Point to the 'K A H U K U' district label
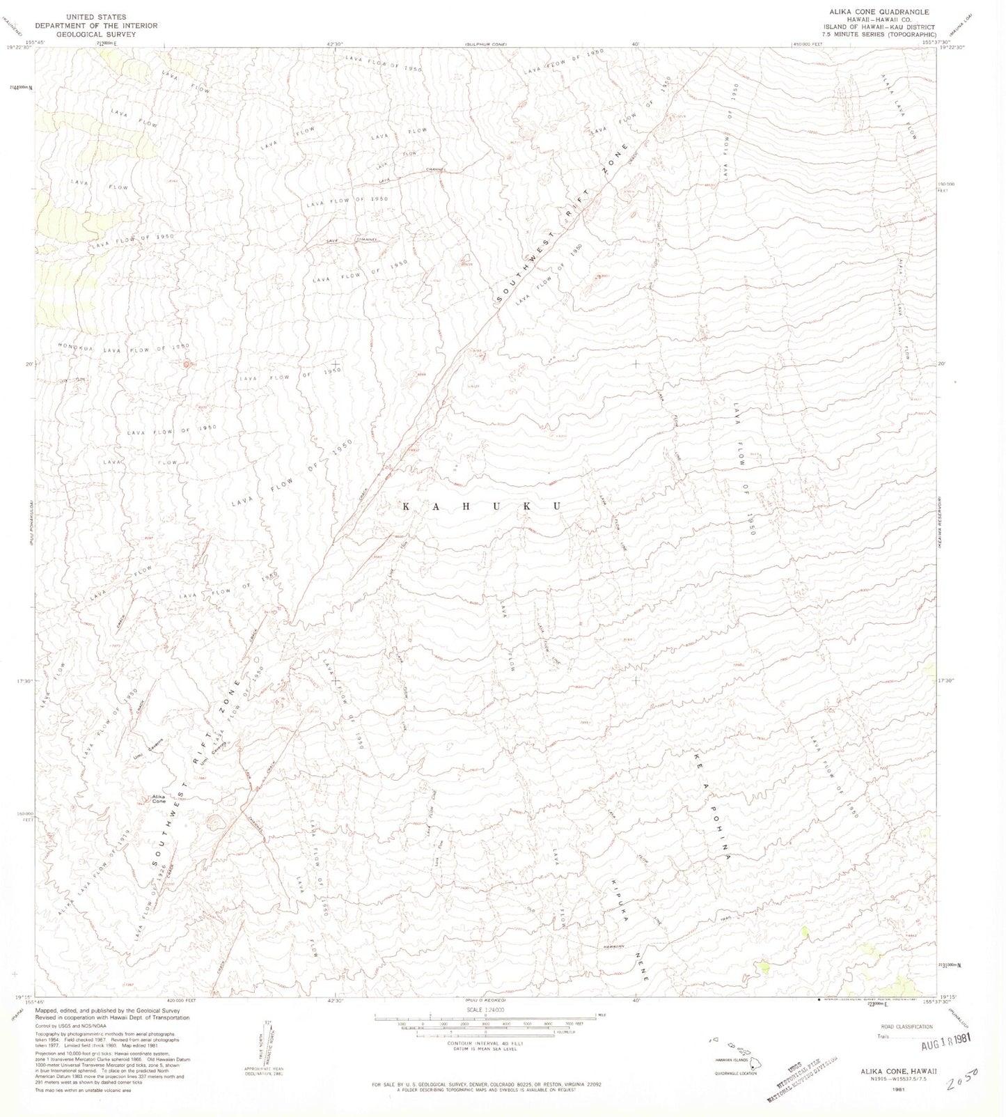pos(482,506)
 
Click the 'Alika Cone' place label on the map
pos(159,798)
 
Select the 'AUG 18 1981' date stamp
pos(936,1040)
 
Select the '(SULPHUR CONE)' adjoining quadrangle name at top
pos(486,45)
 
